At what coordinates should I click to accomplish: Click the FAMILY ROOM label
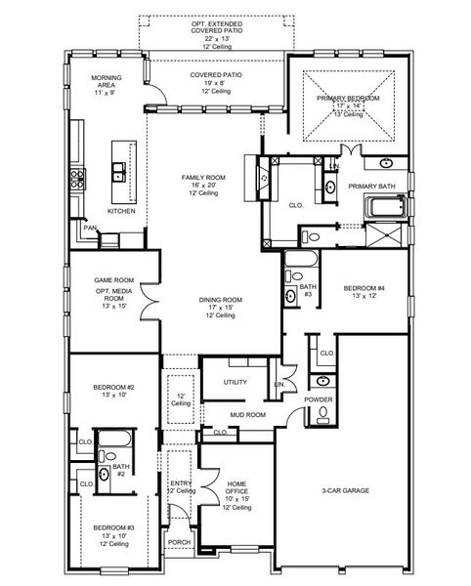coord(203,177)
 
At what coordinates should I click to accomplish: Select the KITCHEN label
coord(121,211)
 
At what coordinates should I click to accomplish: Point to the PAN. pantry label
coord(88,229)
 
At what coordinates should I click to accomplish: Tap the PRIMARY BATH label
coord(371,186)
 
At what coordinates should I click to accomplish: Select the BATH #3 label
coord(306,290)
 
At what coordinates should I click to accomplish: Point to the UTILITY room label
coord(235,382)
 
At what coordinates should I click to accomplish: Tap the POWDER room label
coord(319,399)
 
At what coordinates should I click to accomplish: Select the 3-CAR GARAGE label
coord(345,490)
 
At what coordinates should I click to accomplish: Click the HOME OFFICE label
coord(236,489)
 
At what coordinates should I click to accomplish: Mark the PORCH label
coord(179,542)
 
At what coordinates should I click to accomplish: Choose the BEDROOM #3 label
coord(114,527)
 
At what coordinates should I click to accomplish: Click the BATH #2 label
coord(121,470)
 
